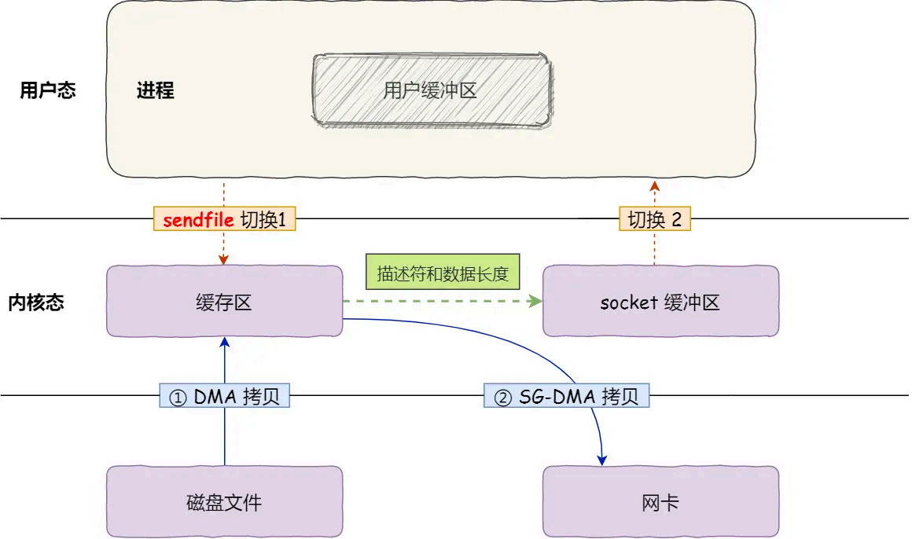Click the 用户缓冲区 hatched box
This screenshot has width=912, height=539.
coord(431,90)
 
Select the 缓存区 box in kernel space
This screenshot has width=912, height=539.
coord(224,302)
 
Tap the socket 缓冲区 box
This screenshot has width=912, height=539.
coord(660,302)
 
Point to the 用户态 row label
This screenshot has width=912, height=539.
coord(48,90)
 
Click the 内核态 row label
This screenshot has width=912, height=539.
coord(36,302)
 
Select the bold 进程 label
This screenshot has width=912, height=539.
coord(155,90)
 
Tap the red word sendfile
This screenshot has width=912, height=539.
coord(198,220)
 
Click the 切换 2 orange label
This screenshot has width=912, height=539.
coord(654,220)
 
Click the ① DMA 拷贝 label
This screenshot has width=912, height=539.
coord(224,397)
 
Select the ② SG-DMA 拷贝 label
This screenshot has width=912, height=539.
coord(566,397)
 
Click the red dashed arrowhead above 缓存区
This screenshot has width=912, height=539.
coord(224,259)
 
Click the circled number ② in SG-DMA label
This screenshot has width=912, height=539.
coord(502,398)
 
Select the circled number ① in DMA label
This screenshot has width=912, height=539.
coord(178,398)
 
